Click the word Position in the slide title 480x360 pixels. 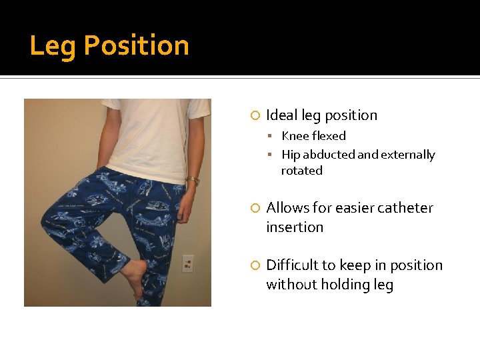click(x=136, y=46)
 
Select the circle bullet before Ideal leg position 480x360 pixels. click(x=254, y=116)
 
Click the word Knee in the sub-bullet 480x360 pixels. click(x=295, y=136)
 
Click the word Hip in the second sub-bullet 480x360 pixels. click(x=291, y=155)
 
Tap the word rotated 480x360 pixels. click(x=301, y=171)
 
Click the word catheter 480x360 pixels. click(x=407, y=208)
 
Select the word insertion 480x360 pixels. click(x=295, y=227)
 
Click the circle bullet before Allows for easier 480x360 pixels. click(x=254, y=209)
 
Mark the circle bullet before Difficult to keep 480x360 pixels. click(x=254, y=266)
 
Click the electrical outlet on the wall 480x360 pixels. click(x=188, y=263)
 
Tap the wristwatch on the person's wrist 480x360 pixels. click(x=193, y=180)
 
